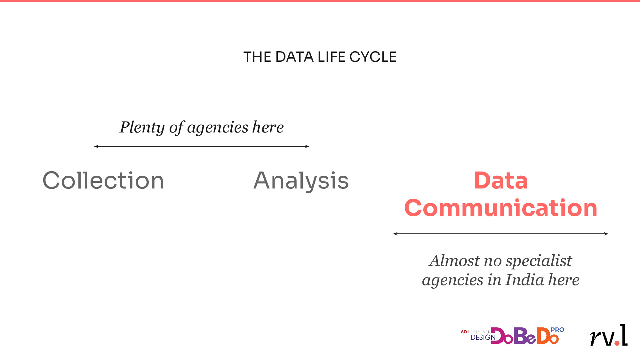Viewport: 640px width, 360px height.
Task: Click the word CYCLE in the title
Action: point(373,57)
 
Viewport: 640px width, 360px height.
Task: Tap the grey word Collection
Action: point(103,180)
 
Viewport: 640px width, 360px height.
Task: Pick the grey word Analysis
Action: point(301,181)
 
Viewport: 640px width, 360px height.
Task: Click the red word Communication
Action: point(501,208)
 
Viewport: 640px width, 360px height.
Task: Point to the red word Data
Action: point(501,180)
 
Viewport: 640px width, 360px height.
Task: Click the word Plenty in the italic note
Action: point(142,128)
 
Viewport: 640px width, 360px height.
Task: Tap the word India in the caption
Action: point(525,280)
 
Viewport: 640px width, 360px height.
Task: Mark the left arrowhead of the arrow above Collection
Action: point(96,147)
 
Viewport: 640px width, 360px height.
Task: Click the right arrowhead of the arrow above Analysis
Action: point(308,147)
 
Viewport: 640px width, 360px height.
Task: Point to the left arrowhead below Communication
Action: point(395,234)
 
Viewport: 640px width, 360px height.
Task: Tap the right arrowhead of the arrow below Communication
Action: point(606,234)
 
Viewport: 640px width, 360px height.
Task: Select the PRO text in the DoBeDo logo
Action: point(557,330)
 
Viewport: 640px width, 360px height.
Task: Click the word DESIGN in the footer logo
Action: point(483,337)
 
